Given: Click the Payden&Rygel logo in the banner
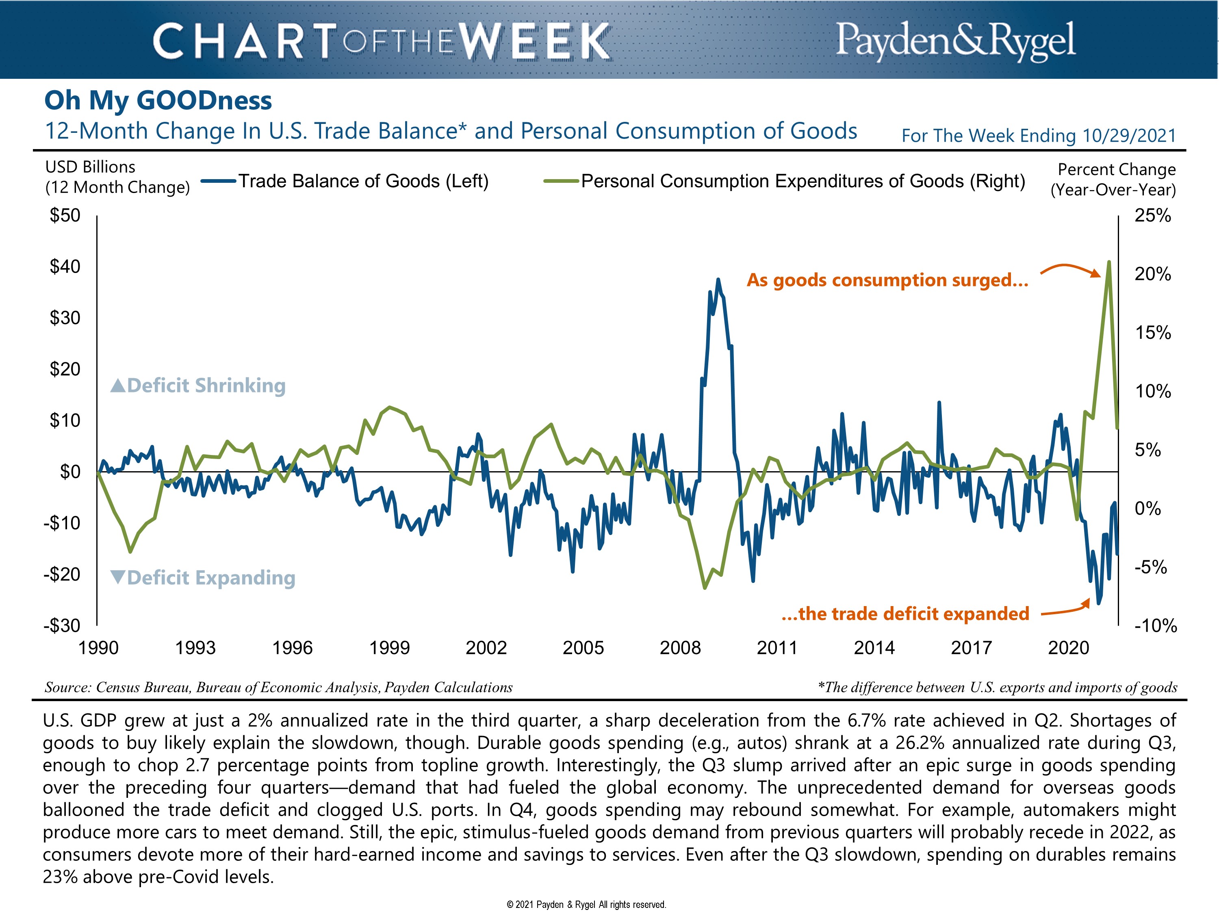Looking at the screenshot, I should click(x=956, y=40).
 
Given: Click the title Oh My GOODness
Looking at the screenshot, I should click(x=158, y=100).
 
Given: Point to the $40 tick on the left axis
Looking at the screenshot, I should click(x=65, y=266).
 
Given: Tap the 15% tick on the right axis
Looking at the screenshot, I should click(x=1152, y=333).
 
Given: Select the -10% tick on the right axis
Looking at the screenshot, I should click(x=1155, y=626).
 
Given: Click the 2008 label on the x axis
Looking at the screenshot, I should click(x=680, y=648).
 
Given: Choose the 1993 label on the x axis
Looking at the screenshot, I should click(x=195, y=648).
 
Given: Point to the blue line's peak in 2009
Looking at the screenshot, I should click(x=718, y=279).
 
